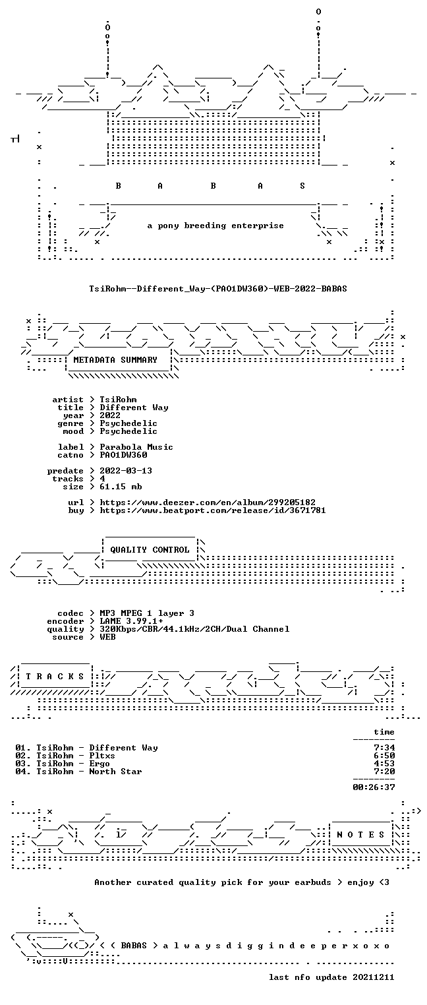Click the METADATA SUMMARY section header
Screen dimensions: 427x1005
[x=115, y=360]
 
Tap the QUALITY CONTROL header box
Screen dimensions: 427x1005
[x=150, y=549]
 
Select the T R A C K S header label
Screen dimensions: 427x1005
[x=55, y=676]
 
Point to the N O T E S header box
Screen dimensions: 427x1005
[x=360, y=834]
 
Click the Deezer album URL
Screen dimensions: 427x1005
[x=207, y=503]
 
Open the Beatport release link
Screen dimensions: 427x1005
[x=213, y=510]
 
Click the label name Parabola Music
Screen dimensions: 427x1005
[x=136, y=447]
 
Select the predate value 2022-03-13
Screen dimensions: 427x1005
[x=126, y=471]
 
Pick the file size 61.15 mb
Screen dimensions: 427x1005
[x=121, y=487]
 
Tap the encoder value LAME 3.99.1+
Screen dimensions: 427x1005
[x=131, y=621]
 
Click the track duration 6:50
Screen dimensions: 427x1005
[x=384, y=756]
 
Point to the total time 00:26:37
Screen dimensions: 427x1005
[x=374, y=787]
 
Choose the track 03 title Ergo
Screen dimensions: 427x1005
[x=100, y=764]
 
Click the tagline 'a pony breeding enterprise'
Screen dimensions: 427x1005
[x=215, y=226]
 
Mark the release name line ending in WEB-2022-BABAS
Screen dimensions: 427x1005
[x=218, y=289]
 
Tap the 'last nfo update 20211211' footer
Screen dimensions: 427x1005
[x=331, y=977]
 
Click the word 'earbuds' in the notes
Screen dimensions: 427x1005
[x=312, y=882]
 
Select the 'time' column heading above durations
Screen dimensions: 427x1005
[x=384, y=732]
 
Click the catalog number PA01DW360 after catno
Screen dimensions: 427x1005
[x=123, y=455]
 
